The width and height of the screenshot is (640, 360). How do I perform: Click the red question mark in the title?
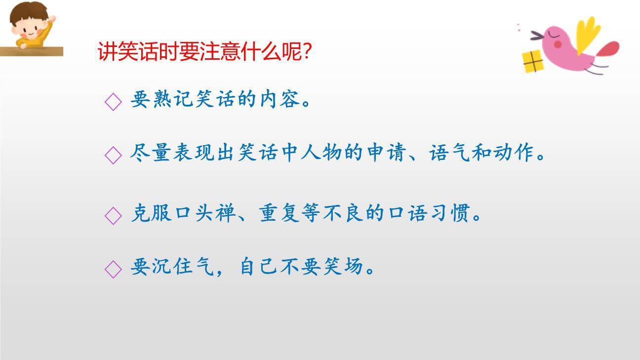pyautogui.click(x=306, y=51)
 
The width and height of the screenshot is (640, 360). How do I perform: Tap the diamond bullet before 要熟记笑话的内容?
pyautogui.click(x=113, y=101)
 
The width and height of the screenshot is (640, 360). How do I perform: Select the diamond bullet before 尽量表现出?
pyautogui.click(x=113, y=155)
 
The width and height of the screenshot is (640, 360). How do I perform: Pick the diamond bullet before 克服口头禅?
pyautogui.click(x=113, y=215)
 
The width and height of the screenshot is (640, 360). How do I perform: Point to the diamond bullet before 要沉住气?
pyautogui.click(x=113, y=269)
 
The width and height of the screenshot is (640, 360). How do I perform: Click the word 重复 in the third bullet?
pyautogui.click(x=281, y=214)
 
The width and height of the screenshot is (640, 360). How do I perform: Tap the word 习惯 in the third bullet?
pyautogui.click(x=455, y=214)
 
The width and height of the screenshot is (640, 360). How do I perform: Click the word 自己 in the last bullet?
pyautogui.click(x=260, y=267)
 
